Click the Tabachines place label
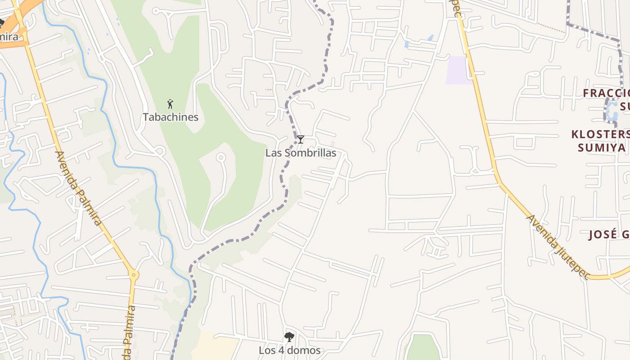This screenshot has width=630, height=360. [171, 117]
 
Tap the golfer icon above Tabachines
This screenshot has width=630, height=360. [170, 104]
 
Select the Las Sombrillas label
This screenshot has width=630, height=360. [301, 153]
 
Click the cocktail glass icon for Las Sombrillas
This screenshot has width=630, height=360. [301, 139]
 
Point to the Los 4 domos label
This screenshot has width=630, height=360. [289, 350]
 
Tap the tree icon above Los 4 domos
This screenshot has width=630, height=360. [289, 337]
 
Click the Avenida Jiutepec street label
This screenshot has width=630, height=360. [558, 247]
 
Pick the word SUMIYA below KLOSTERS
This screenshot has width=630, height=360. [602, 148]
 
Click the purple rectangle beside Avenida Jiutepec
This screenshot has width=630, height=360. [459, 70]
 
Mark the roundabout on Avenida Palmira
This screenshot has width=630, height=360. [133, 274]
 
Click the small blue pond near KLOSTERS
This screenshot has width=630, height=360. [612, 110]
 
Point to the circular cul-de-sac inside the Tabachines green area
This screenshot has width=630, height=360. [220, 157]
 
